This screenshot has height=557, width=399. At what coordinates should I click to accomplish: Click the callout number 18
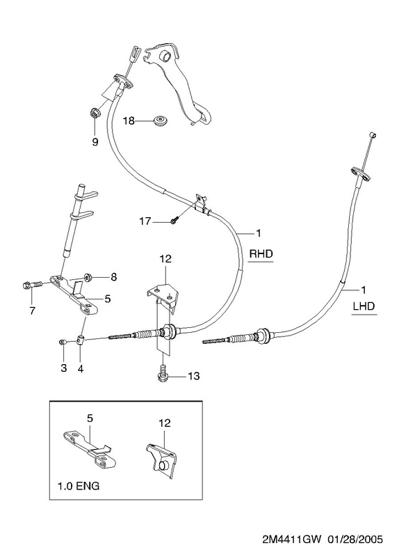click(129, 121)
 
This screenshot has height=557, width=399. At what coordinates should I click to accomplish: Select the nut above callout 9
click(95, 113)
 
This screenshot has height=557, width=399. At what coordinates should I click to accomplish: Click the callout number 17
click(145, 221)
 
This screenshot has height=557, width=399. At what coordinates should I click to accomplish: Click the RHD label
click(261, 253)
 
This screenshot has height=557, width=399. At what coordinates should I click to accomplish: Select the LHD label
click(364, 306)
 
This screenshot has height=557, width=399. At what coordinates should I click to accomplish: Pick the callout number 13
click(194, 375)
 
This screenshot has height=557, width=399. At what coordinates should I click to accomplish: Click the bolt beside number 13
click(163, 373)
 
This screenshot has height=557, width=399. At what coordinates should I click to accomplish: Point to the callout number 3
click(63, 368)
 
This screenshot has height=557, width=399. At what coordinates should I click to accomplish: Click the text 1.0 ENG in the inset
click(79, 485)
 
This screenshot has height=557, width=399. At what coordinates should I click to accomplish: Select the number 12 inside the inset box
click(164, 423)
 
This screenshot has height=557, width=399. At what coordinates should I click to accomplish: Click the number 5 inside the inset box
click(90, 418)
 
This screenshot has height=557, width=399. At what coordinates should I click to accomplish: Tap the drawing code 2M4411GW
click(291, 540)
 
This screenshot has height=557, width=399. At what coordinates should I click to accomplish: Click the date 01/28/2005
click(355, 540)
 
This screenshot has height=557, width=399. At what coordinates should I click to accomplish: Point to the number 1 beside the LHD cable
click(363, 290)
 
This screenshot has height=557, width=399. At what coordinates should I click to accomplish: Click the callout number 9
click(95, 142)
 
